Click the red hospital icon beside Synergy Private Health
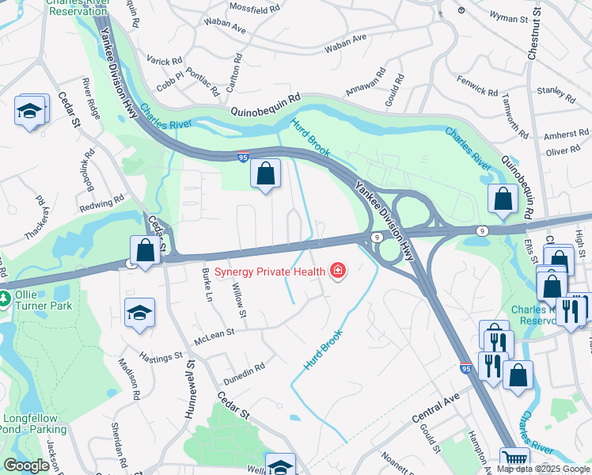(338, 272)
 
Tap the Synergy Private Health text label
(270, 272)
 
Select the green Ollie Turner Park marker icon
(6, 298)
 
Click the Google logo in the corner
(26, 465)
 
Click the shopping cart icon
(514, 459)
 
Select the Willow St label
(237, 298)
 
